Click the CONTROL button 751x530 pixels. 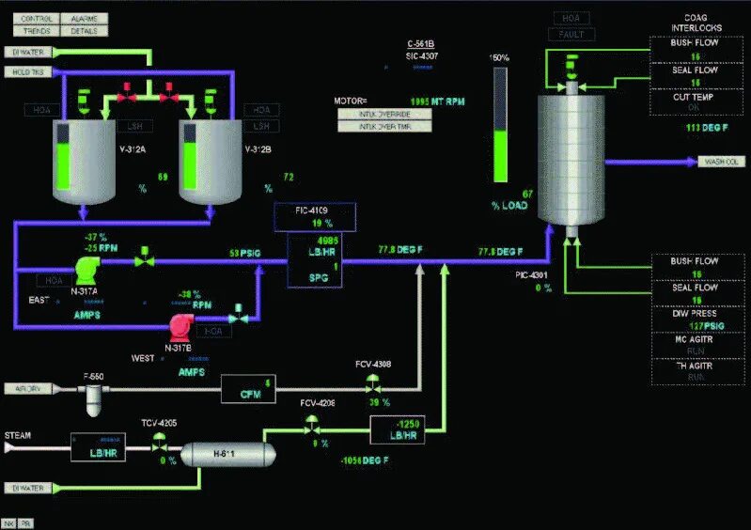(37, 18)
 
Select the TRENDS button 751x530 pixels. (37, 30)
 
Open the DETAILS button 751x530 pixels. (85, 30)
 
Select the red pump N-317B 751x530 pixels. (180, 326)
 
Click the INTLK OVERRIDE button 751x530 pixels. (385, 114)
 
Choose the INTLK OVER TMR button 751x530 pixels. (385, 127)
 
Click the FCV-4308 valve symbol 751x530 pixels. (373, 383)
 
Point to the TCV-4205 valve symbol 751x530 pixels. (158, 447)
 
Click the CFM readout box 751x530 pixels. (250, 388)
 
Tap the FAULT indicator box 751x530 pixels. (571, 34)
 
